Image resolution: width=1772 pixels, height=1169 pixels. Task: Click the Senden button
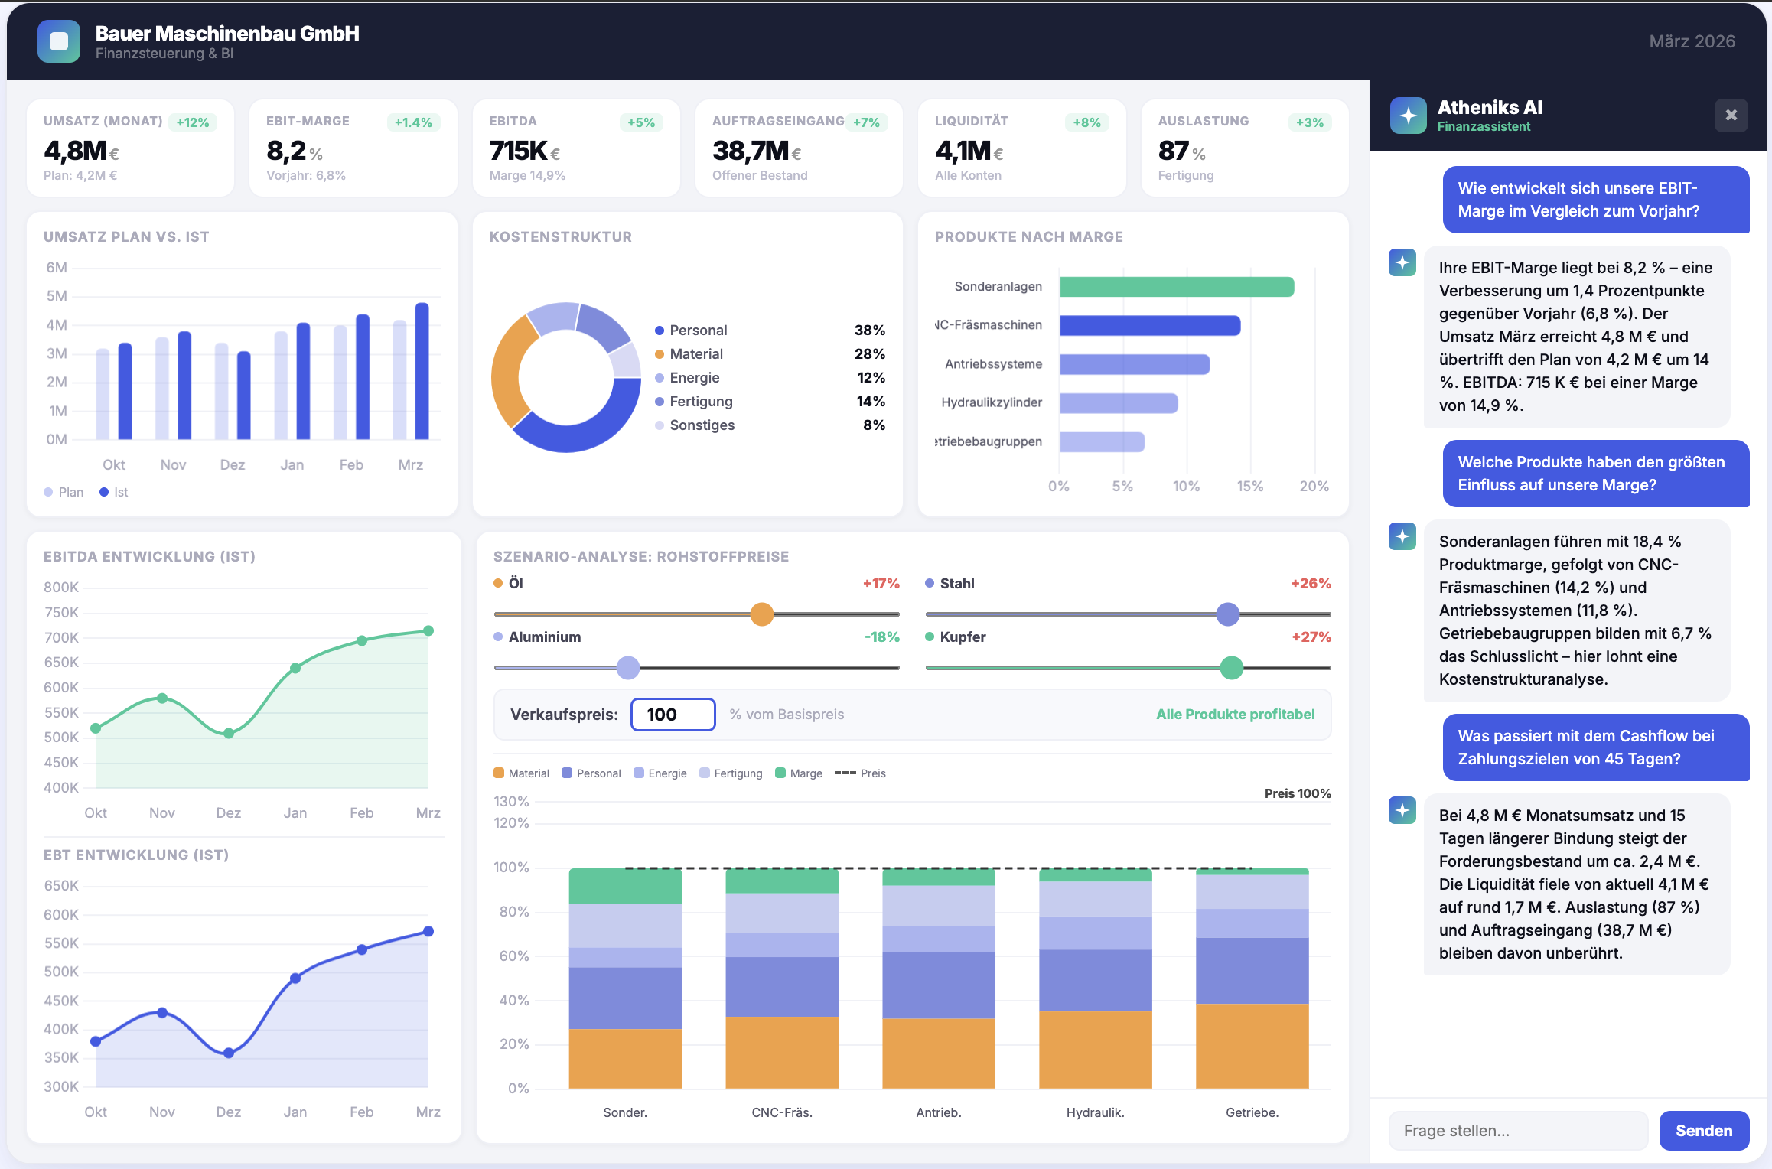click(1703, 1130)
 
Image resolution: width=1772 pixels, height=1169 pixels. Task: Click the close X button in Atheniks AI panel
click(1731, 116)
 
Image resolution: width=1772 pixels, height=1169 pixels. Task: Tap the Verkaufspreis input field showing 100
click(673, 714)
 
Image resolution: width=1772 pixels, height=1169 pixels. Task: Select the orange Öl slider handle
click(761, 614)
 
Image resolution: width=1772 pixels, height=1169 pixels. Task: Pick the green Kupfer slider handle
click(1231, 667)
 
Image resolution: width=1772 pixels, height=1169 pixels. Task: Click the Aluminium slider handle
click(627, 667)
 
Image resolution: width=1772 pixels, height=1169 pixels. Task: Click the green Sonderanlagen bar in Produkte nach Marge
click(1176, 287)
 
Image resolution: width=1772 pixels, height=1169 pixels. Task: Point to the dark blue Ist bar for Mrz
click(422, 371)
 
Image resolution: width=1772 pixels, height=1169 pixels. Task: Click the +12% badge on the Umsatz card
click(192, 122)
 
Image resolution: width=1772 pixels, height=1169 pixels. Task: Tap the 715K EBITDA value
click(519, 151)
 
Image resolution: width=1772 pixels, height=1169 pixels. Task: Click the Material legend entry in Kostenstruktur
click(695, 353)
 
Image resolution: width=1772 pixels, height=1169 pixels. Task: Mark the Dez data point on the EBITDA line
click(229, 733)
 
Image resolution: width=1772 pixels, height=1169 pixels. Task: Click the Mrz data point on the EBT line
click(428, 931)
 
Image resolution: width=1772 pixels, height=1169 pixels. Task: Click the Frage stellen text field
click(1517, 1130)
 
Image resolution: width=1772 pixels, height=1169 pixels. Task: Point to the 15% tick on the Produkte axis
click(1250, 486)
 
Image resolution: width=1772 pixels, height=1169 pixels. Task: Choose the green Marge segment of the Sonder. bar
click(625, 886)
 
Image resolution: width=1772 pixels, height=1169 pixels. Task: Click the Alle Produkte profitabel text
click(1235, 714)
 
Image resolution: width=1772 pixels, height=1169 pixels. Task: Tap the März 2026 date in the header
click(1692, 41)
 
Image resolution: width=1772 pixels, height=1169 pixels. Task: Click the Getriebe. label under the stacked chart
click(1252, 1112)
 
